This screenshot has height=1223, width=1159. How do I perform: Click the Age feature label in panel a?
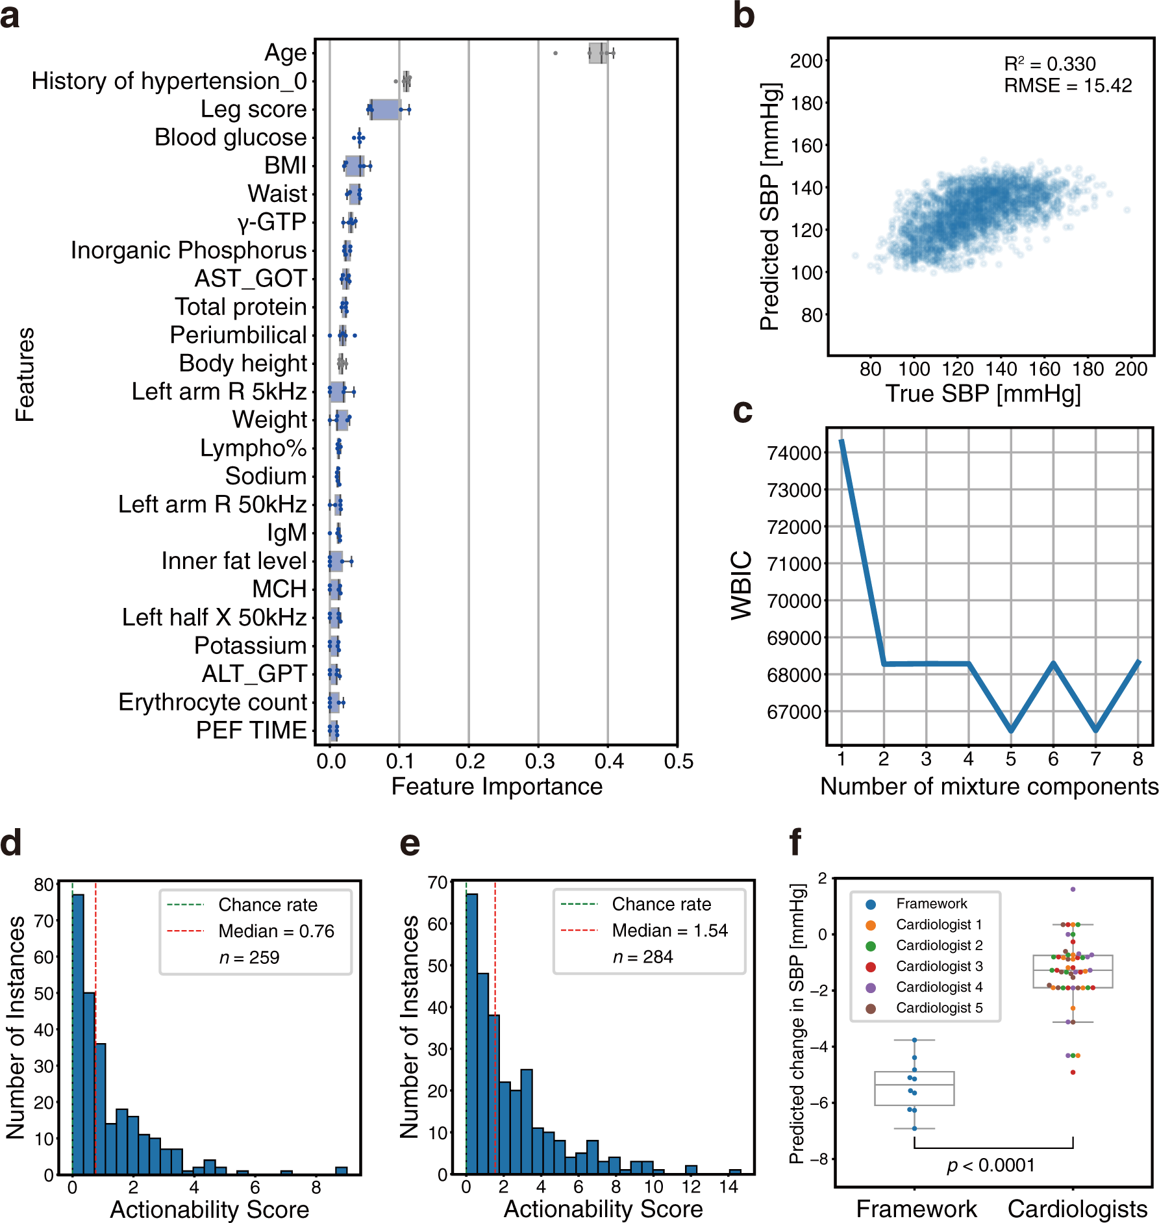285,53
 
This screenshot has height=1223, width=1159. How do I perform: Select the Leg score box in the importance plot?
385,110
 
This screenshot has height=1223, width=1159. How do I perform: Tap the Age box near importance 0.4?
598,53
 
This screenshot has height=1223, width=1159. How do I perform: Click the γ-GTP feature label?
271,222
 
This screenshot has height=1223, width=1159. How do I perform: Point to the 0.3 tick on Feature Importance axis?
539,761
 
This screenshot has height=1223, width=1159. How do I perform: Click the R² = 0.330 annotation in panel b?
1050,64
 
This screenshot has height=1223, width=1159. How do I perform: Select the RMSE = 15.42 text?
1067,85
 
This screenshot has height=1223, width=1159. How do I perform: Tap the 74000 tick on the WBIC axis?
794,453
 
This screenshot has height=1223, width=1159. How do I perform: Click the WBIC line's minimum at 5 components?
1011,730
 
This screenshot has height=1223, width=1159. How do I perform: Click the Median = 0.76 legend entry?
276,931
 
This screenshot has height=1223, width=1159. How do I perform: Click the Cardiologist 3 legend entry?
939,966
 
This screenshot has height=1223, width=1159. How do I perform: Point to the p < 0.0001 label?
991,1165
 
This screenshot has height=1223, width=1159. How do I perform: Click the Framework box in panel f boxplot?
914,1088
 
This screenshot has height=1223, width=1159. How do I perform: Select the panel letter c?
742,411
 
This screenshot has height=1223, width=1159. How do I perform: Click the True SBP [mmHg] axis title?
983,393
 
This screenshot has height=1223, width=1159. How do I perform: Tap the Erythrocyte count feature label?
212,702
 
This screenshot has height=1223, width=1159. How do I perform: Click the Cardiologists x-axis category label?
1077,1209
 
